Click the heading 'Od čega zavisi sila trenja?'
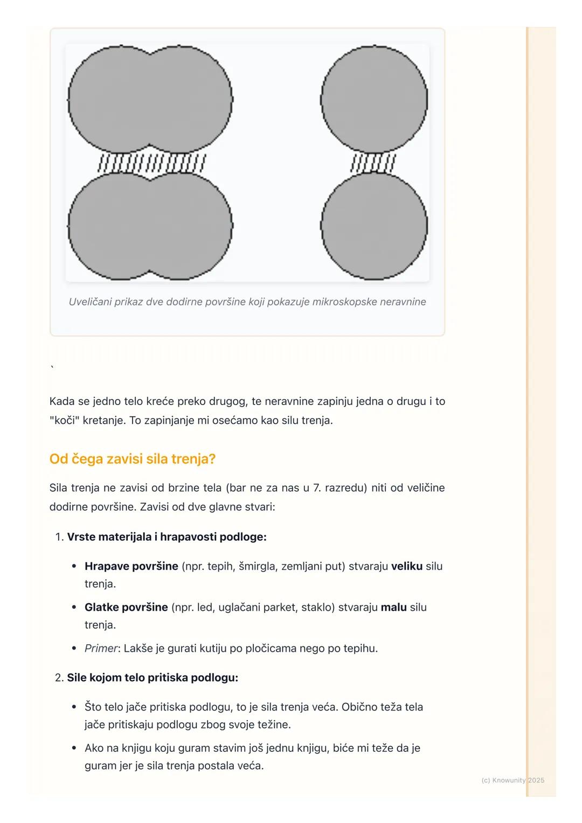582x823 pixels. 132,459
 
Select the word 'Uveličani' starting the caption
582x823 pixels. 90,302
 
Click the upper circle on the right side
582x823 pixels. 374,100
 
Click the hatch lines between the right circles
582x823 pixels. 373,163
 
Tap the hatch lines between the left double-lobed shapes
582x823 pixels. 151,163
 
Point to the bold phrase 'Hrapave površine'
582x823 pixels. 131,566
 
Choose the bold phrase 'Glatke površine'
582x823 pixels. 126,607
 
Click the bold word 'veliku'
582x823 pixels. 407,566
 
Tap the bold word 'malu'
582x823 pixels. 393,607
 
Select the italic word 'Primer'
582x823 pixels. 101,648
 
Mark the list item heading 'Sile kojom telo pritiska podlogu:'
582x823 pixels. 153,678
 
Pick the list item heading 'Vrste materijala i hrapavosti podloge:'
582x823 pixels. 167,537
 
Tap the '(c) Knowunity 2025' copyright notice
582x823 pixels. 512,780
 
